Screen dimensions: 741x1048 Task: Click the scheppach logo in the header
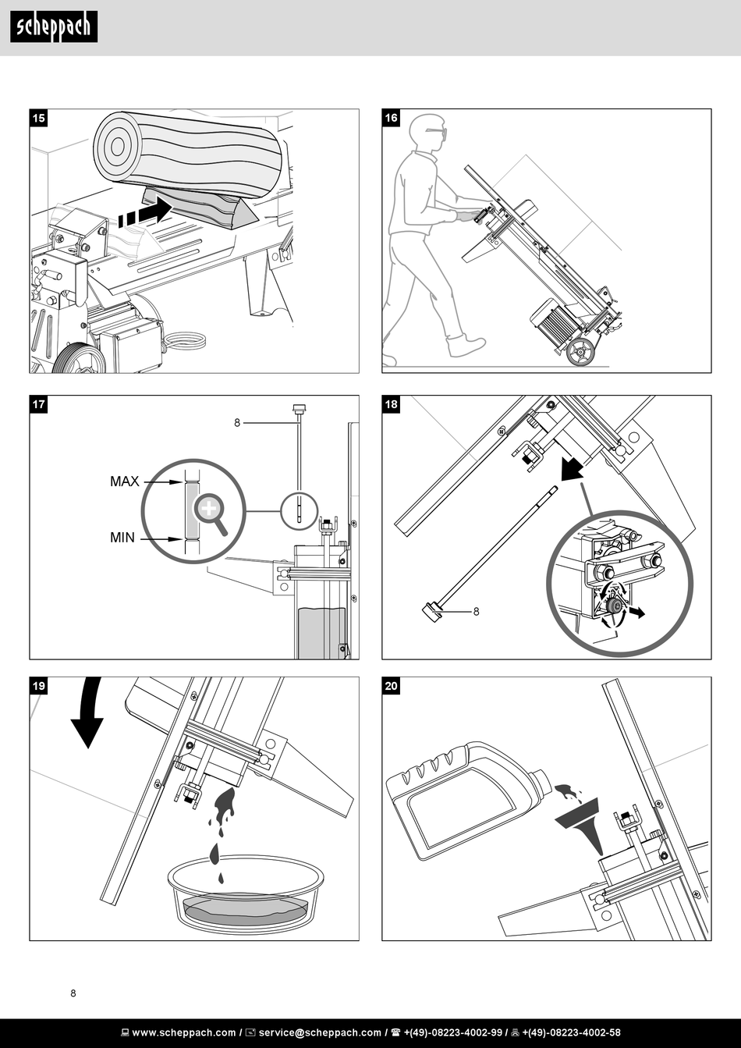tap(54, 27)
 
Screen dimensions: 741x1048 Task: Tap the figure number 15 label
tap(39, 118)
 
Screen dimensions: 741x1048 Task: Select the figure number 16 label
tap(392, 118)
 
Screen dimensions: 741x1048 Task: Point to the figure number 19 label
tap(39, 686)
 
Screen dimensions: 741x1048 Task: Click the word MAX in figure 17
tap(124, 481)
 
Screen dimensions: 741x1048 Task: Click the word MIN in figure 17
tap(122, 538)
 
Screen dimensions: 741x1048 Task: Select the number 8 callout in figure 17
tap(237, 423)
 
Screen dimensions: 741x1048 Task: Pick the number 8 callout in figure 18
tap(476, 612)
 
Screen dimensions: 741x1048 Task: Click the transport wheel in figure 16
tap(580, 351)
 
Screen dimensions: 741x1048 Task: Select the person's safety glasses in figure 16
tap(436, 133)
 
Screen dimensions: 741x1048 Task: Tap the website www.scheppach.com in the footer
tap(184, 1032)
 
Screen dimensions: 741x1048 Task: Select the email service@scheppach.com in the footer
tap(320, 1032)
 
